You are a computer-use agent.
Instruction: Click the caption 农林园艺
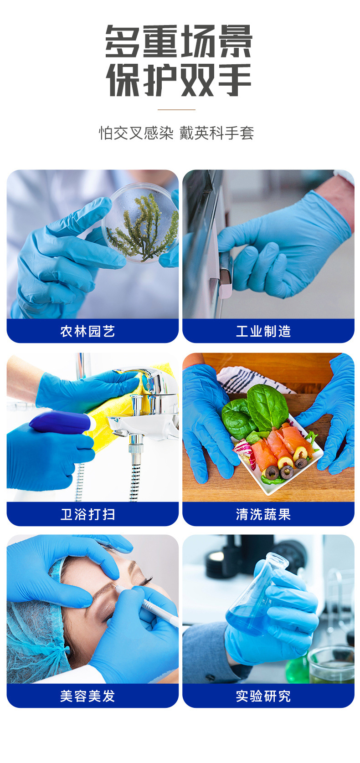pos(87,331)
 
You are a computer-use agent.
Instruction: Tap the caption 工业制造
pos(263,331)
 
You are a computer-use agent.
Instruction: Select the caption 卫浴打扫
pos(87,514)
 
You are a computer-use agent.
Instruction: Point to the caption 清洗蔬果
pos(263,514)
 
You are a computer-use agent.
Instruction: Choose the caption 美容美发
pos(87,696)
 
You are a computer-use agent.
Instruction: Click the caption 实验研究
pos(263,696)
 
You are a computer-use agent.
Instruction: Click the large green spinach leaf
pos(267,407)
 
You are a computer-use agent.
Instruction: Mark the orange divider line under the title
pos(176,110)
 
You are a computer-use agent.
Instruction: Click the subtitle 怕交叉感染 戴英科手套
pos(176,133)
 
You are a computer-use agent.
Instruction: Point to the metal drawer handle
pos(225,272)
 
